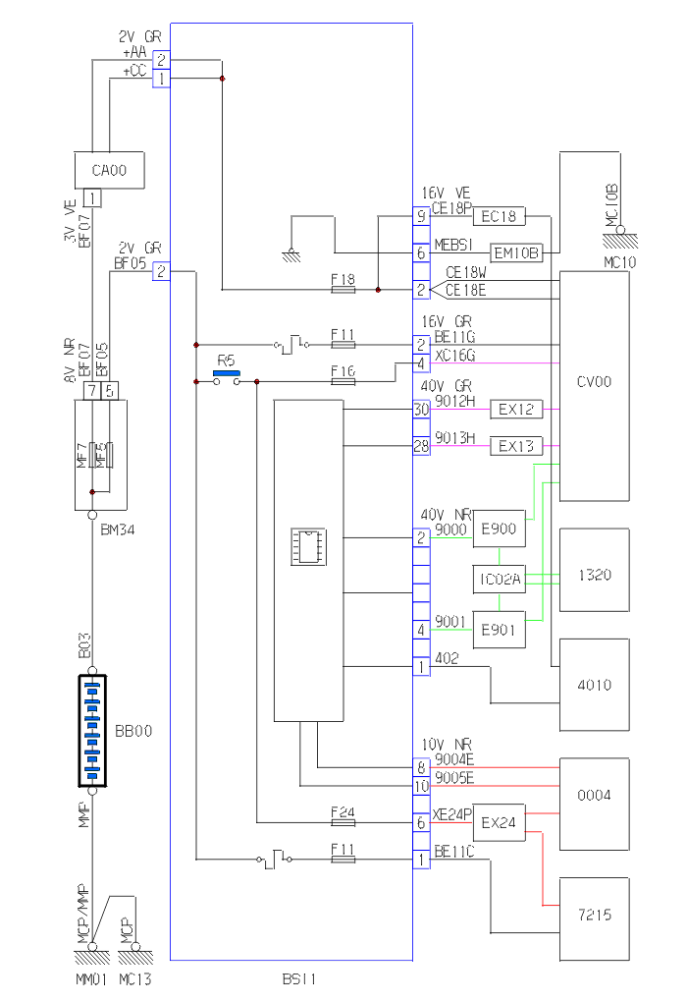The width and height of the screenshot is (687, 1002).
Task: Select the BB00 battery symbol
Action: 92,732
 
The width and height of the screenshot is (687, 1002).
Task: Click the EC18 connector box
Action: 500,216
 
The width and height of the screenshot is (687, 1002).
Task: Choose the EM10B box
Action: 516,253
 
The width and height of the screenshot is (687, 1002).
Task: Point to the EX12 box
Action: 515,410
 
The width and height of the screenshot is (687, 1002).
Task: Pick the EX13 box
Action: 515,446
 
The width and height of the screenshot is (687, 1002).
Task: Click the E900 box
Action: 499,531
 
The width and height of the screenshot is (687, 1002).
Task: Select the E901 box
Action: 499,630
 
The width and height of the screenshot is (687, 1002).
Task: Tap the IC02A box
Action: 499,581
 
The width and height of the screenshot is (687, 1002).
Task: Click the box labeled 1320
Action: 593,574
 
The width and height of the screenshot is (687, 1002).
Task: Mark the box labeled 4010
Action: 593,685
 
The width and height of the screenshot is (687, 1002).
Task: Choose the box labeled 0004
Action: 593,795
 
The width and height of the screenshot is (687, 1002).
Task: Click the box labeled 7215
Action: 593,915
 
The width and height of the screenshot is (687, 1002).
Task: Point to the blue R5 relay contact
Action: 227,373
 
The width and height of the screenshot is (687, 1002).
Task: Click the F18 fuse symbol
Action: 343,290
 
